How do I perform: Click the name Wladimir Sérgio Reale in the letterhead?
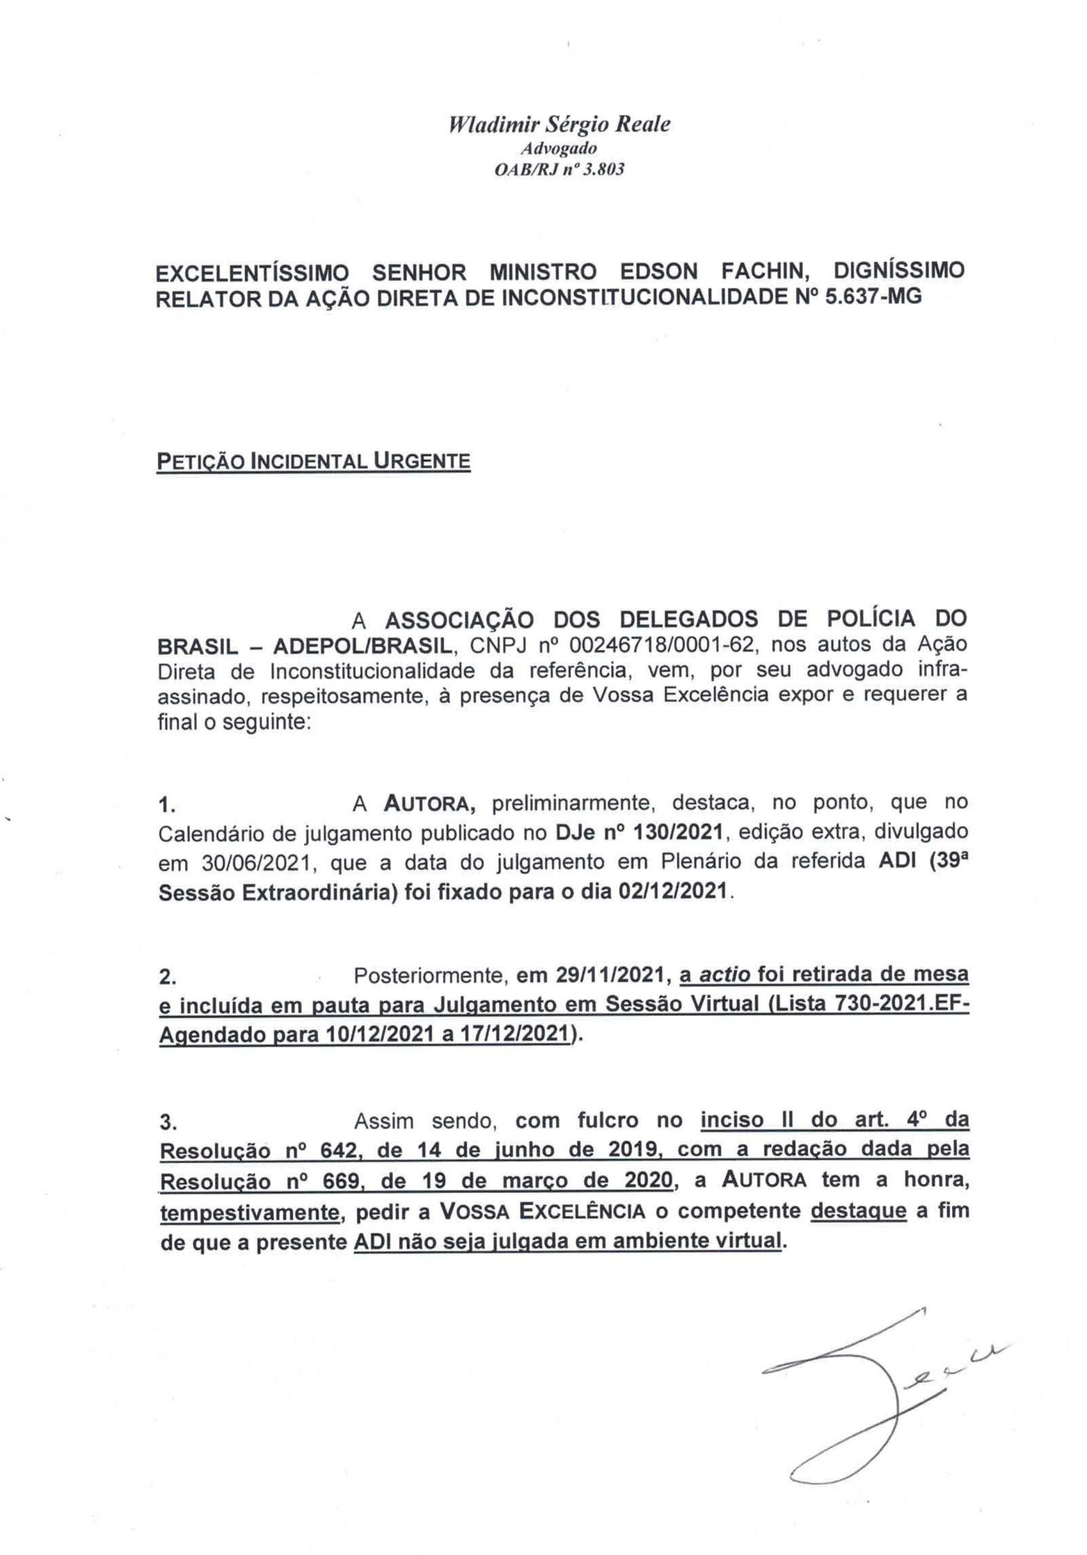click(x=559, y=125)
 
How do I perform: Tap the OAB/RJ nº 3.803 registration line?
click(x=560, y=170)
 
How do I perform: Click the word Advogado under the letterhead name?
click(x=560, y=148)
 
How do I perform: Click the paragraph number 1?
click(x=167, y=805)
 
